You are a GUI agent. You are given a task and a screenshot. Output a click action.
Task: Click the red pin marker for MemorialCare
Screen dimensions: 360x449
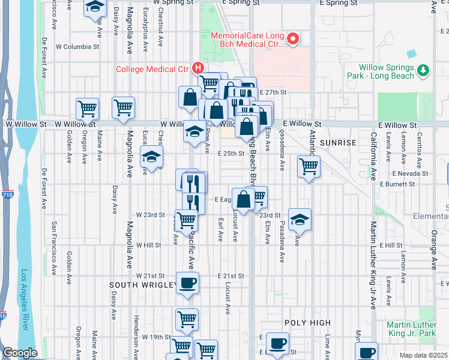point(293,40)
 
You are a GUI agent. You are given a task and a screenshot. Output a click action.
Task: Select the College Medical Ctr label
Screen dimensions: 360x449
point(152,69)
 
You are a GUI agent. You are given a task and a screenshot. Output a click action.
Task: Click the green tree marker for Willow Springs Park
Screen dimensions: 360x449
point(424,71)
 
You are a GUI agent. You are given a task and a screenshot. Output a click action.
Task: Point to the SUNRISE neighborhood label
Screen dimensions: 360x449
point(339,143)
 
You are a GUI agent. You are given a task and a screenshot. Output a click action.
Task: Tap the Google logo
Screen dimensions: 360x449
point(20,353)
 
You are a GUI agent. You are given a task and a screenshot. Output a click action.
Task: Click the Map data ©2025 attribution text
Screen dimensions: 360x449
point(423,355)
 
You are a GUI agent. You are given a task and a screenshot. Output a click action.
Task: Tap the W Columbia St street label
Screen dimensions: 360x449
point(77,46)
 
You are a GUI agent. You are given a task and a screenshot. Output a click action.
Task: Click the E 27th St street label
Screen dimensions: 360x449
point(274,92)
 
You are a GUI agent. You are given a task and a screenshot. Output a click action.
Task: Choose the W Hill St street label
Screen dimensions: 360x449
point(148,245)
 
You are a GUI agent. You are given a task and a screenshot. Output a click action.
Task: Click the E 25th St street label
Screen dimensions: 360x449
point(231,154)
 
